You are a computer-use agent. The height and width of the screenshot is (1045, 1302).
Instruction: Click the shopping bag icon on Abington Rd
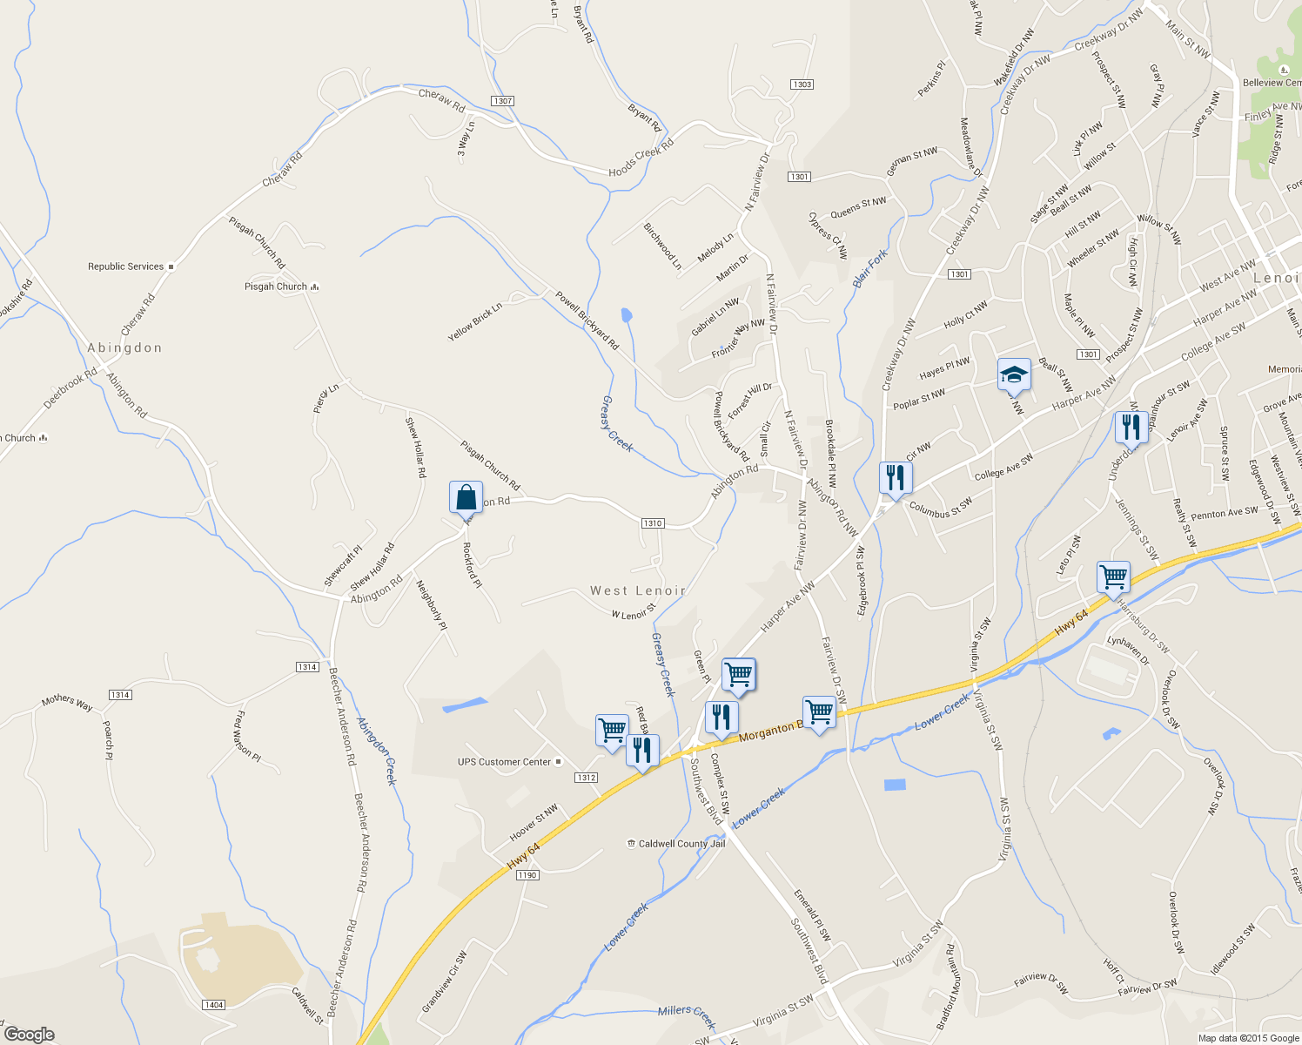point(466,497)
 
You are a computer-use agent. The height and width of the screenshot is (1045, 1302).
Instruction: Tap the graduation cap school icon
point(1014,375)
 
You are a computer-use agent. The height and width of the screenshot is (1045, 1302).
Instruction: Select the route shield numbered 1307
point(502,101)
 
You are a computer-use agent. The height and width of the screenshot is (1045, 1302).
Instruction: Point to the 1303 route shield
point(802,84)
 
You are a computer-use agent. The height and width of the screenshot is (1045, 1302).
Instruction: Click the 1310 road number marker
point(653,523)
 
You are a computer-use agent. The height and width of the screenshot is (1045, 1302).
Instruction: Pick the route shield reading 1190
point(527,875)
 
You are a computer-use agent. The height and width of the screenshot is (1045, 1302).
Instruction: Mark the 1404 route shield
point(213,1005)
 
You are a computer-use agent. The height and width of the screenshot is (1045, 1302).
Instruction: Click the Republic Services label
point(126,266)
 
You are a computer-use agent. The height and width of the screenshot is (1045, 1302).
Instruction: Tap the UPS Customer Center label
point(505,762)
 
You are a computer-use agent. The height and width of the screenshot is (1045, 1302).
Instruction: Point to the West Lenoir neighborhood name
point(638,590)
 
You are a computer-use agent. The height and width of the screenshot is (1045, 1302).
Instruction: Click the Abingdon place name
point(124,347)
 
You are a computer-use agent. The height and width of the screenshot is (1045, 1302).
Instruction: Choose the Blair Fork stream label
point(869,269)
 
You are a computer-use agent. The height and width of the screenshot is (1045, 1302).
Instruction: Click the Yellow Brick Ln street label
point(475,321)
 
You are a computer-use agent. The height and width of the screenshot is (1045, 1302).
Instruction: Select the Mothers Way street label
point(67,702)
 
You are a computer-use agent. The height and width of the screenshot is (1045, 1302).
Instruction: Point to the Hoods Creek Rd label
point(641,158)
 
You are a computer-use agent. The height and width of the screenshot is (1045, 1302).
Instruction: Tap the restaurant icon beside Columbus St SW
point(895,477)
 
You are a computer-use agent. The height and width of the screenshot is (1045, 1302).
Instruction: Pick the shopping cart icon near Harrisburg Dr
point(1113,576)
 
